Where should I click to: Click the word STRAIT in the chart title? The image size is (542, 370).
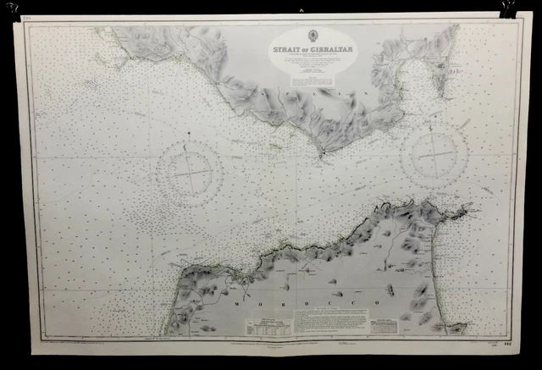(289, 49)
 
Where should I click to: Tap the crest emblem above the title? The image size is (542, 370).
(311, 37)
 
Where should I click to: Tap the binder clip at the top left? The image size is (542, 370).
(13, 8)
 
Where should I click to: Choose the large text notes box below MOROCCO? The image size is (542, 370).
(331, 319)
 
